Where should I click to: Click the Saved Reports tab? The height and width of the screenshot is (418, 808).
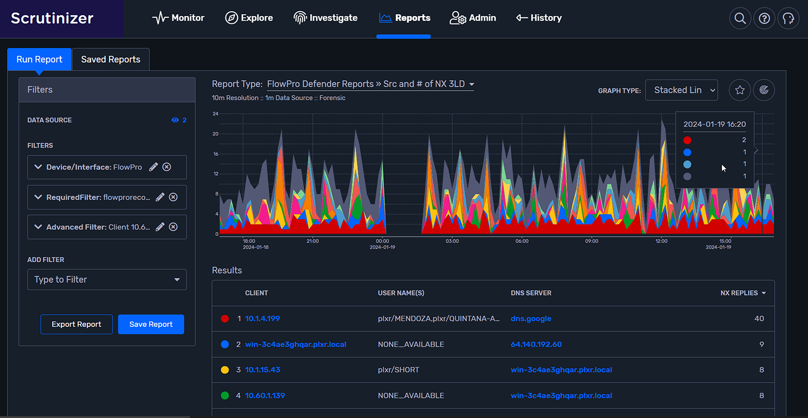pyautogui.click(x=111, y=60)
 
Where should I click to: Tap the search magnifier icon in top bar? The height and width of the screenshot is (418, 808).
pyautogui.click(x=740, y=19)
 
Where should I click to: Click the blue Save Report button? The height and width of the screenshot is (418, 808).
pyautogui.click(x=151, y=324)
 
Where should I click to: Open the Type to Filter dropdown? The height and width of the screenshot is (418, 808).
pyautogui.click(x=107, y=280)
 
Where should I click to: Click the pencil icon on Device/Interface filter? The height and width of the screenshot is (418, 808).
pyautogui.click(x=153, y=167)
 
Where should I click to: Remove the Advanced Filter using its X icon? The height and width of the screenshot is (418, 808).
pyautogui.click(x=173, y=227)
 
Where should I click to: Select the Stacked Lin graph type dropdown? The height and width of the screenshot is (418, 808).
pyautogui.click(x=681, y=90)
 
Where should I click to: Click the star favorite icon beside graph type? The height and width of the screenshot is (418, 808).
pyautogui.click(x=740, y=90)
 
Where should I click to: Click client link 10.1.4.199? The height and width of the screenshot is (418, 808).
pyautogui.click(x=262, y=319)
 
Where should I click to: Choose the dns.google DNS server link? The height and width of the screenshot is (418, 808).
pyautogui.click(x=531, y=319)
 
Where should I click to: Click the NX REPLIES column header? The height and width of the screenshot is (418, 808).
pyautogui.click(x=739, y=293)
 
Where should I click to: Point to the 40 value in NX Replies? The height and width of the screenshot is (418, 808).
pyautogui.click(x=759, y=319)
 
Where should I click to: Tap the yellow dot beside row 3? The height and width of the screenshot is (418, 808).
pyautogui.click(x=225, y=370)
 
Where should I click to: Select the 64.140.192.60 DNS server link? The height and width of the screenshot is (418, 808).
pyautogui.click(x=536, y=345)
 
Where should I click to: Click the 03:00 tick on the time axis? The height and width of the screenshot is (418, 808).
pyautogui.click(x=452, y=241)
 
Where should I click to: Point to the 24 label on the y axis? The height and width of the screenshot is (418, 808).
pyautogui.click(x=215, y=114)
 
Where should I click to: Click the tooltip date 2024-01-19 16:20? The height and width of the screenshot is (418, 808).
pyautogui.click(x=714, y=124)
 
